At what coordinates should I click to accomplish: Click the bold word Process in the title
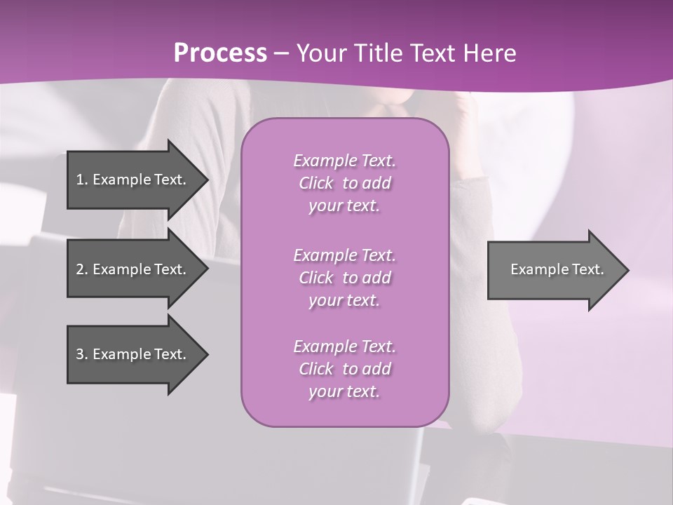coord(220,53)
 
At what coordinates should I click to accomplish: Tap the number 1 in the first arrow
coord(80,180)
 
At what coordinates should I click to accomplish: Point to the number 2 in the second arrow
coord(80,269)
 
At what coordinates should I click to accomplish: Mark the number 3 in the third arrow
coord(80,354)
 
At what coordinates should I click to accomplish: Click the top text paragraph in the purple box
coord(344,183)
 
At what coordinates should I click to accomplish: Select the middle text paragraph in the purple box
coord(344,278)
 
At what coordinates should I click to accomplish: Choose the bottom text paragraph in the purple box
coord(344,369)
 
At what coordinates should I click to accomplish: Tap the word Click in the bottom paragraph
coord(315,369)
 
